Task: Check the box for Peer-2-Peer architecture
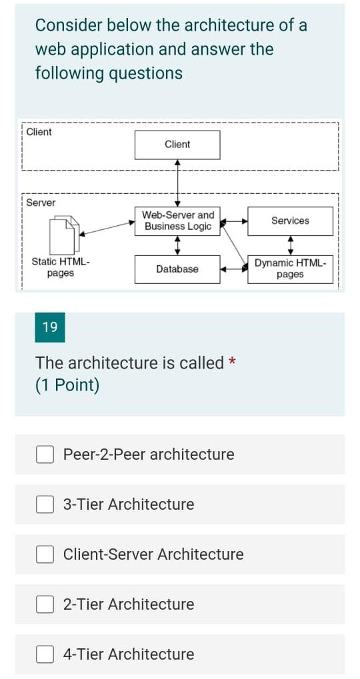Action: pyautogui.click(x=45, y=454)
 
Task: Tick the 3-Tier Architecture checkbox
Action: pyautogui.click(x=45, y=504)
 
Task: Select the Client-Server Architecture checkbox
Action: pyautogui.click(x=45, y=554)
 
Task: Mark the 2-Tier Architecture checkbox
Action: pyautogui.click(x=45, y=604)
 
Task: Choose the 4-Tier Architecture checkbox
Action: pyautogui.click(x=45, y=654)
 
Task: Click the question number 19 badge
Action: pyautogui.click(x=50, y=327)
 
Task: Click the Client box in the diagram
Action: pyautogui.click(x=177, y=145)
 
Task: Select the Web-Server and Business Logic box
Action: pyautogui.click(x=177, y=221)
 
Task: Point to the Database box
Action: pyautogui.click(x=177, y=269)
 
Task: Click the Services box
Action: pyautogui.click(x=290, y=221)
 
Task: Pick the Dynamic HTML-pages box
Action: pyautogui.click(x=290, y=269)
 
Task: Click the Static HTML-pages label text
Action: pyautogui.click(x=61, y=268)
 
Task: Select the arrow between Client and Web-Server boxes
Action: pyautogui.click(x=177, y=183)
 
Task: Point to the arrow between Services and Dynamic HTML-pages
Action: pyautogui.click(x=290, y=245)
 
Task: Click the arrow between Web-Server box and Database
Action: pyautogui.click(x=177, y=245)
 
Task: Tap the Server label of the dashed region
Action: pyautogui.click(x=41, y=203)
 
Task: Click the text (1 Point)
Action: pyautogui.click(x=67, y=385)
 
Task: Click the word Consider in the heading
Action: pyautogui.click(x=69, y=25)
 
